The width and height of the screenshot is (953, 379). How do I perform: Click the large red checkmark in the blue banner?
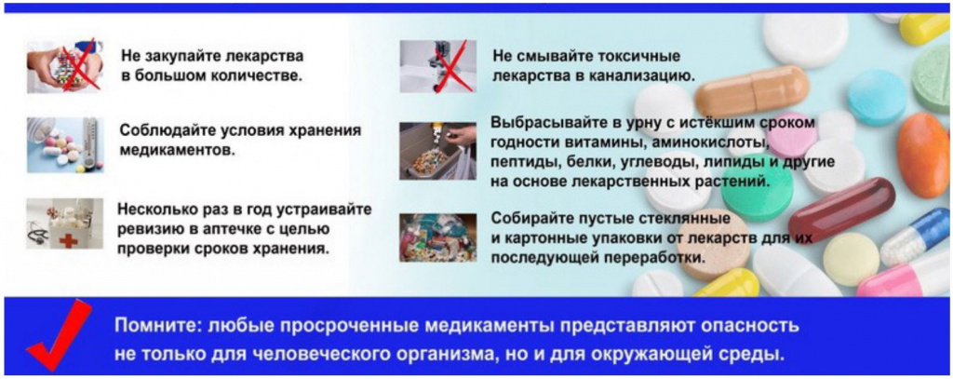point(59,336)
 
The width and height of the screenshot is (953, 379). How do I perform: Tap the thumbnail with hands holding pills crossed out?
point(63,65)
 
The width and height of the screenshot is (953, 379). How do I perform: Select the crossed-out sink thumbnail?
point(437,65)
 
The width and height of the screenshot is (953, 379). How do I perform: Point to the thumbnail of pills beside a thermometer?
point(63,143)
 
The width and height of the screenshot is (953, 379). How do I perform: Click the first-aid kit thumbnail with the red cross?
point(63,223)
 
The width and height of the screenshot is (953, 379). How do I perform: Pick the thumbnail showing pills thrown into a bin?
point(437,150)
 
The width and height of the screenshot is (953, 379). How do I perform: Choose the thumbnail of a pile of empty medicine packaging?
point(437,238)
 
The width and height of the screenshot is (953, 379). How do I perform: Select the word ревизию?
point(151,229)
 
